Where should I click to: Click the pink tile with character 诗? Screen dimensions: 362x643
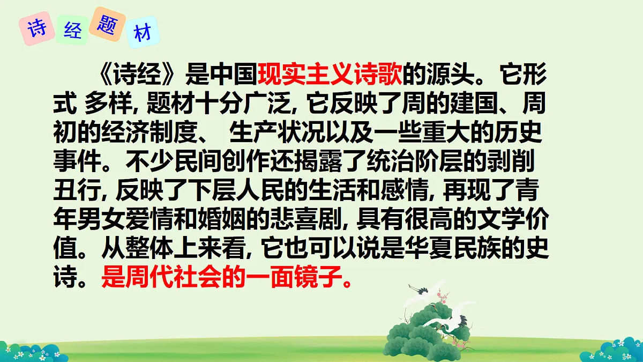37,28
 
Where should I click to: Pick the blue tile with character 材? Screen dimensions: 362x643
142,34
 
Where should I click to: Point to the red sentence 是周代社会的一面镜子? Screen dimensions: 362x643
228,278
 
